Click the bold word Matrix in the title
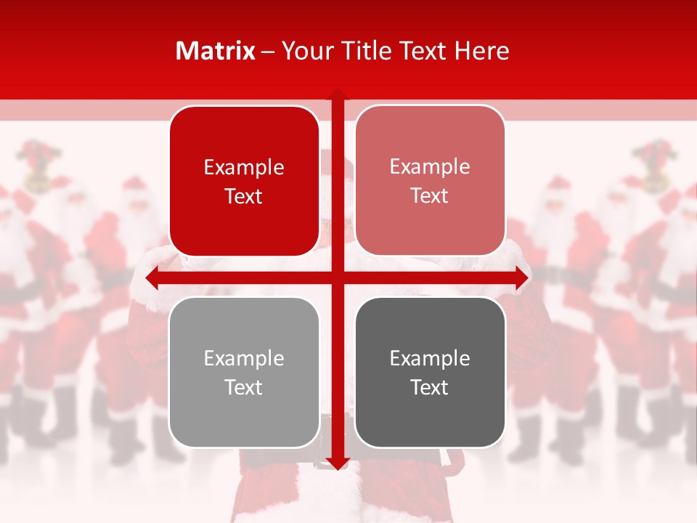216,51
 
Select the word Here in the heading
482,51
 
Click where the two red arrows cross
338,278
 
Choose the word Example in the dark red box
244,168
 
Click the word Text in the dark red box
244,196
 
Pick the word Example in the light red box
430,167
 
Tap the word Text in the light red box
430,195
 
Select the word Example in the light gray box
244,358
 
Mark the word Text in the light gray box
244,387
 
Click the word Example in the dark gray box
430,358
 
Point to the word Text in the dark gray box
430,387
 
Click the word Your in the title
303,51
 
